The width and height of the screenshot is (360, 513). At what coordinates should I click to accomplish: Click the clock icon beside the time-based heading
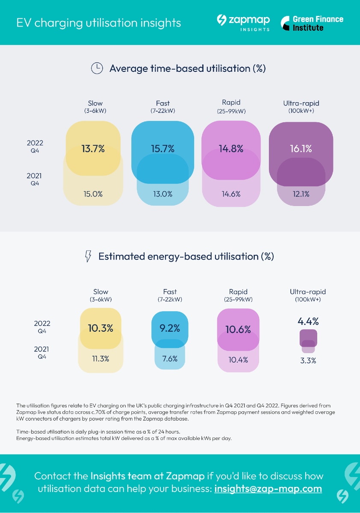coord(97,68)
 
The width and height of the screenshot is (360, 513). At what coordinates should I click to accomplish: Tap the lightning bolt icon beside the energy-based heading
coord(88,256)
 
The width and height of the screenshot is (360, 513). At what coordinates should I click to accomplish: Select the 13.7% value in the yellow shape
coord(93,149)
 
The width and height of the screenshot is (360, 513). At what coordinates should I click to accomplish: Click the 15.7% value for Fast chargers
coord(162,149)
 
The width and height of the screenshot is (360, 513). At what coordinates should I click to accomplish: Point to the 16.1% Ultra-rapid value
coord(301,149)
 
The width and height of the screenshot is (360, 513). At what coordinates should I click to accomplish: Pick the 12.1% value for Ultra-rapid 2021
coord(301,194)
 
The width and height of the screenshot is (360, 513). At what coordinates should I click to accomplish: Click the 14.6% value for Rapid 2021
coord(231,194)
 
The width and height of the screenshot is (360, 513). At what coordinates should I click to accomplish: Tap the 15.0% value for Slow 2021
coord(93,194)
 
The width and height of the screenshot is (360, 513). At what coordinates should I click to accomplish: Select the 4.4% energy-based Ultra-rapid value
coord(308,321)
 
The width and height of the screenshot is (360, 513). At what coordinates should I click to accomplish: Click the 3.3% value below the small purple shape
coord(308,360)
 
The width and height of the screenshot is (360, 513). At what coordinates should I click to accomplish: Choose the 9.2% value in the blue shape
coord(170,328)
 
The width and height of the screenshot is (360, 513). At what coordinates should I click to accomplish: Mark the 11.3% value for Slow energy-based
coord(100,359)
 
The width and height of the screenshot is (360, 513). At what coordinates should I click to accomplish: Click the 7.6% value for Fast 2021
coord(170,359)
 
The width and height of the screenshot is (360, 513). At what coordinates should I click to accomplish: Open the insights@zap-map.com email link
coord(268,489)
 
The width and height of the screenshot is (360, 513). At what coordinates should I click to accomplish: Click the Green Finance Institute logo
coord(312,23)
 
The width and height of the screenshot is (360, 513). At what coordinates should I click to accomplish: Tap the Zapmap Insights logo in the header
coord(243,23)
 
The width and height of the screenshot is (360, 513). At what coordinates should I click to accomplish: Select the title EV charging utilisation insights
coord(99,23)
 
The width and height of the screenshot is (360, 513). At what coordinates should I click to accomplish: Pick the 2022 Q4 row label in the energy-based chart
coord(42,327)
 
